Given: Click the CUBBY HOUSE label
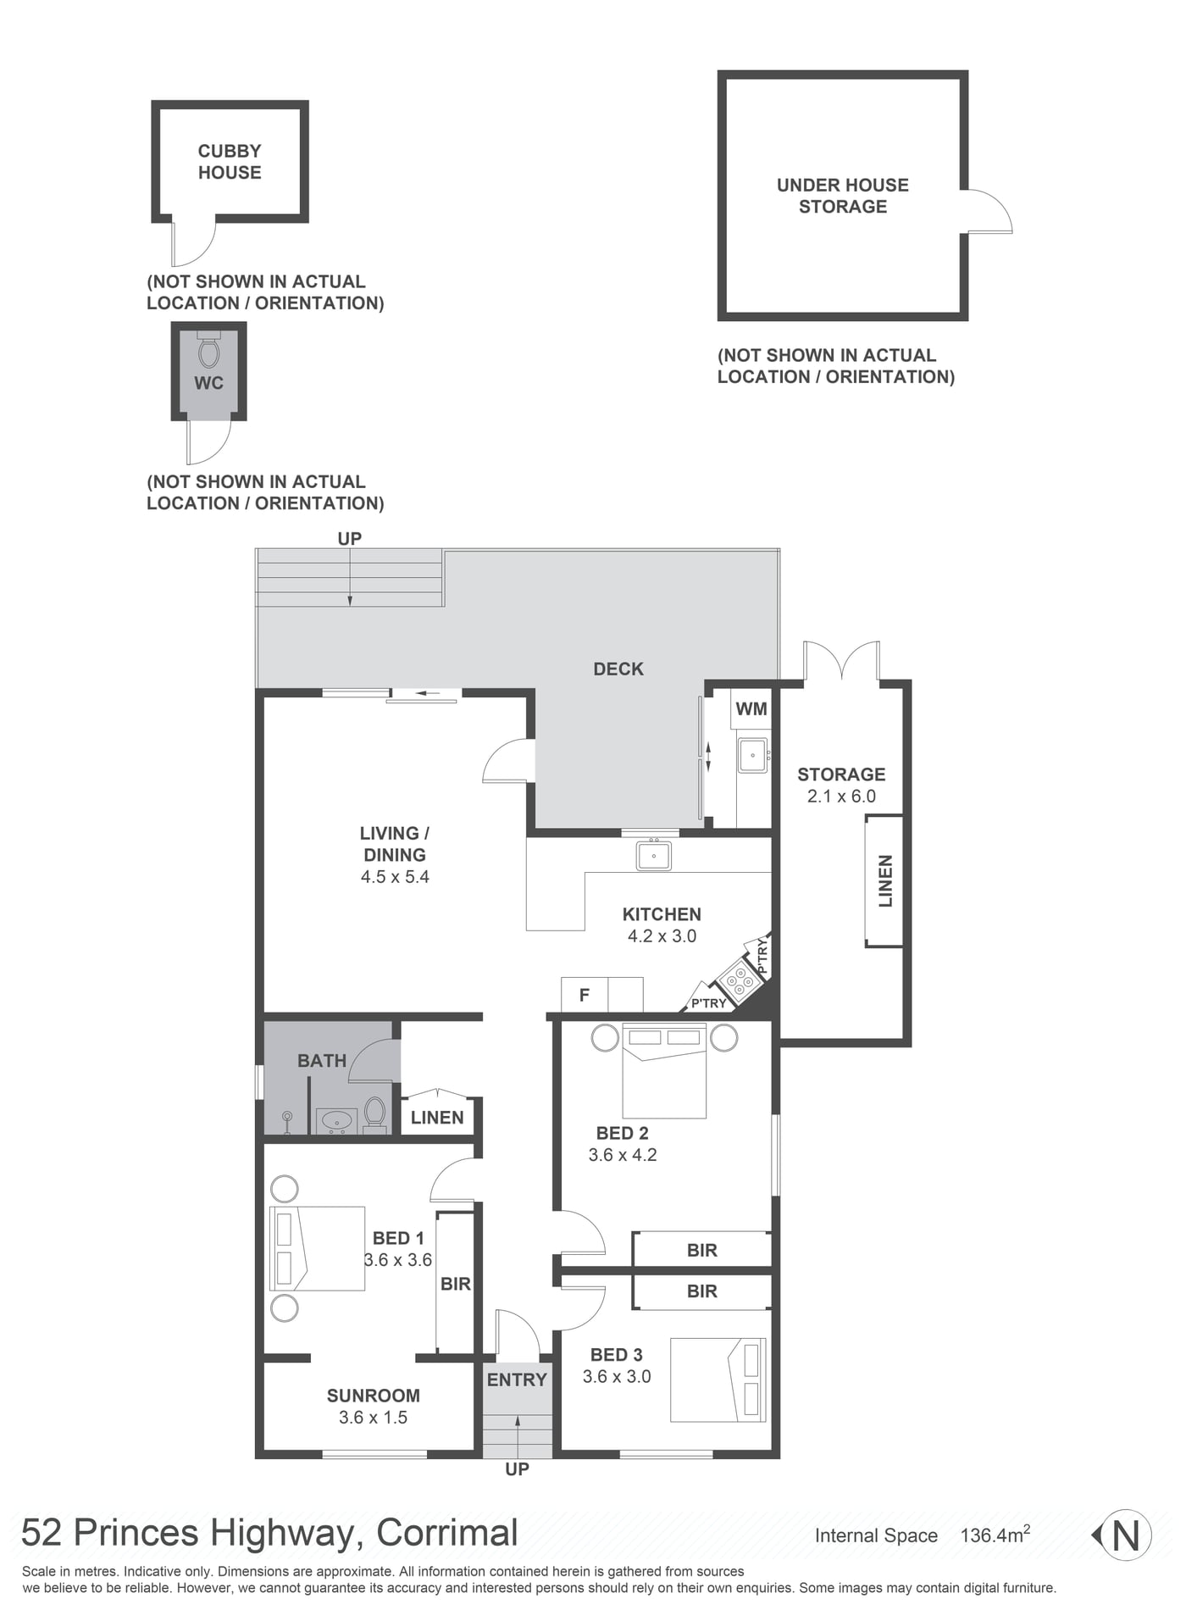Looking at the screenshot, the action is [230, 162].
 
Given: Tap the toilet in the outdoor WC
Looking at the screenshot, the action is [208, 350].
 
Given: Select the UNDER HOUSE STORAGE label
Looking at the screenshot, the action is [843, 196].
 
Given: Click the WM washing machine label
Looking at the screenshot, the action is [751, 709].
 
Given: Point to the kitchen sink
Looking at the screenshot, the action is [654, 855].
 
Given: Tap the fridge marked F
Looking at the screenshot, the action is [585, 995].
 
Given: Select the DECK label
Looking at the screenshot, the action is [618, 669].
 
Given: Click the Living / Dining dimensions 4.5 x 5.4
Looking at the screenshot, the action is [395, 877].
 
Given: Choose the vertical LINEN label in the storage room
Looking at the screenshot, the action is [886, 881].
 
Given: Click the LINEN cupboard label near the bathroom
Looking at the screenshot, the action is [437, 1118].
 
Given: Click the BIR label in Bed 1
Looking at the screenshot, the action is [456, 1285].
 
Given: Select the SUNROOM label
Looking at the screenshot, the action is [374, 1396].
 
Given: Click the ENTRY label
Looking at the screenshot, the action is [517, 1380].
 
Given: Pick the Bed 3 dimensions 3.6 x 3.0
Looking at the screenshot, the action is [617, 1377].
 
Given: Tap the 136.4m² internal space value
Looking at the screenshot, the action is [995, 1535].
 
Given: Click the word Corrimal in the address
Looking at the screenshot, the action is [447, 1533].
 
